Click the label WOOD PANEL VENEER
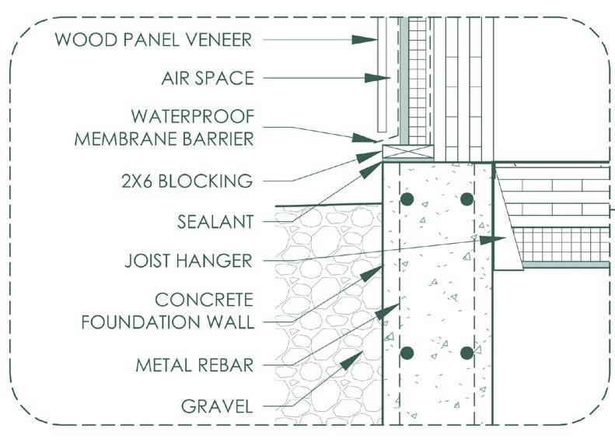click(154, 40)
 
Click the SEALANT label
click(212, 222)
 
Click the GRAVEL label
click(217, 406)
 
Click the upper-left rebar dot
click(406, 199)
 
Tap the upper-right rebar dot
click(466, 199)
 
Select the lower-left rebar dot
click(406, 353)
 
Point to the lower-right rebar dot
click(466, 353)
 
